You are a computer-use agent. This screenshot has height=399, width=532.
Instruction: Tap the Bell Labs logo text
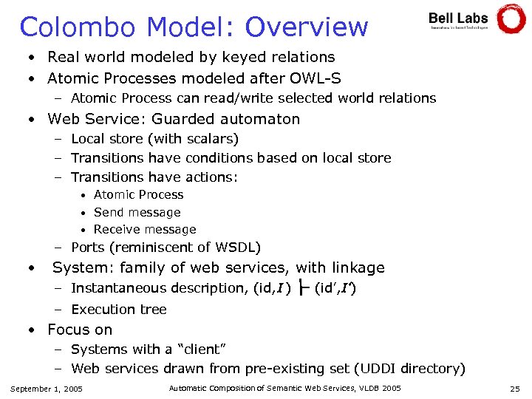point(458,17)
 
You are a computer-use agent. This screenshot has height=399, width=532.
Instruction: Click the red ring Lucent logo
point(511,19)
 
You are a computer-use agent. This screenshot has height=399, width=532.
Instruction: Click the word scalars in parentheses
point(210,139)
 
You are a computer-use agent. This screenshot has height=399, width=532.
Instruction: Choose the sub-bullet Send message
point(137,212)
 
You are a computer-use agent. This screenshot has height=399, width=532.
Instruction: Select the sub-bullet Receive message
point(145,230)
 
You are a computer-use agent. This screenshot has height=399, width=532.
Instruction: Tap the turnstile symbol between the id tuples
point(302,288)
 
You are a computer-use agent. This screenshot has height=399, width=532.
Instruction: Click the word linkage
point(358,267)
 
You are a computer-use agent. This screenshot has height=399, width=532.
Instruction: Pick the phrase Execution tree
point(118,310)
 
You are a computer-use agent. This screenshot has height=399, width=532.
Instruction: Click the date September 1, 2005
point(47,389)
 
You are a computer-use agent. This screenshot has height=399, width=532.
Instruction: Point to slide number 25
point(514,389)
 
